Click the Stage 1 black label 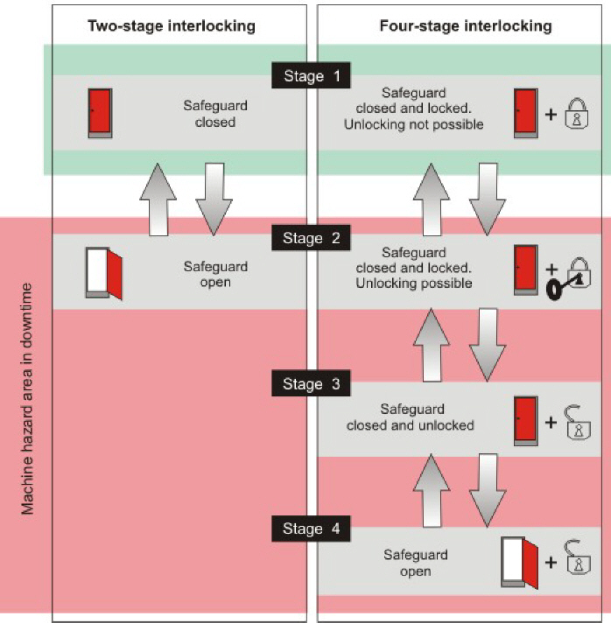pyautogui.click(x=312, y=76)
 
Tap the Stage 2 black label pyautogui.click(x=312, y=237)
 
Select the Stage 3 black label pyautogui.click(x=312, y=383)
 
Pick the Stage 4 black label pyautogui.click(x=312, y=528)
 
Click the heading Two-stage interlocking pyautogui.click(x=172, y=25)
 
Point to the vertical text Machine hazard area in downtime pyautogui.click(x=28, y=398)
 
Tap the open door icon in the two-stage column pyautogui.click(x=103, y=272)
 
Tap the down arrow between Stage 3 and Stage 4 pyautogui.click(x=486, y=488)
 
